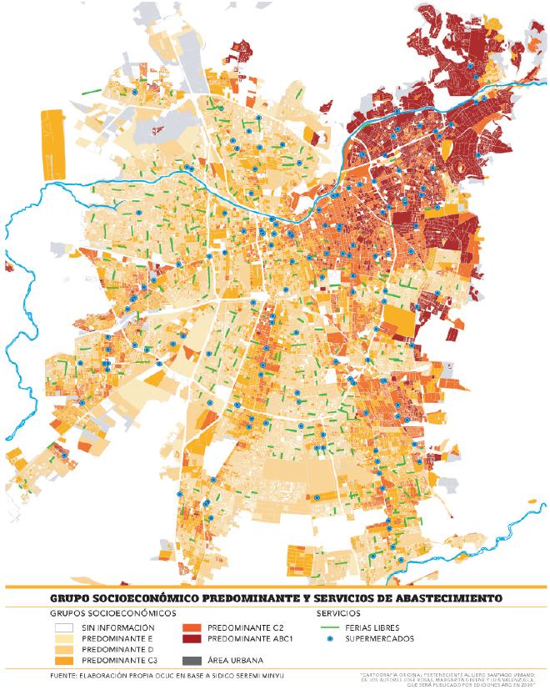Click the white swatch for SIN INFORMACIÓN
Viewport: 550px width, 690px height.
point(64,627)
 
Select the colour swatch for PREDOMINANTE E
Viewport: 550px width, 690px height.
point(64,639)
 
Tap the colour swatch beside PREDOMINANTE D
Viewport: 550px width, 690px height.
point(64,650)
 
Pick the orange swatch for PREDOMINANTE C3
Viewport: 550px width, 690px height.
point(64,662)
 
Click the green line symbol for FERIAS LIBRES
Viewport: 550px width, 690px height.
point(331,627)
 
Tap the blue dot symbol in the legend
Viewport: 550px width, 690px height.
point(331,639)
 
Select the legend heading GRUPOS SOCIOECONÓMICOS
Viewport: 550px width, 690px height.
point(104,613)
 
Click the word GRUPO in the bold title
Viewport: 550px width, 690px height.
point(71,598)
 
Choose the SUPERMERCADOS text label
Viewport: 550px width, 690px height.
point(378,639)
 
